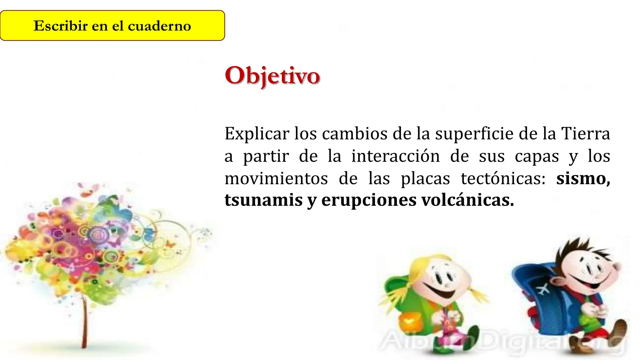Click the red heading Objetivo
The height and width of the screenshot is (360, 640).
(272, 76)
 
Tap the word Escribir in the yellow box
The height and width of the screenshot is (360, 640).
(60, 26)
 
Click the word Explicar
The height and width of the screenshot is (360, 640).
(257, 134)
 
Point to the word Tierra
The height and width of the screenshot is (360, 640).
(586, 133)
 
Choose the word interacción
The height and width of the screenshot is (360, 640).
(395, 156)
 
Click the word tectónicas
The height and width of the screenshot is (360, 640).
(503, 178)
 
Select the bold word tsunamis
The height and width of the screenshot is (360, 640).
(263, 200)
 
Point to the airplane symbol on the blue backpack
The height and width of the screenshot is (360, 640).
(543, 289)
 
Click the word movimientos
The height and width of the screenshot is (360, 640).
(276, 178)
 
